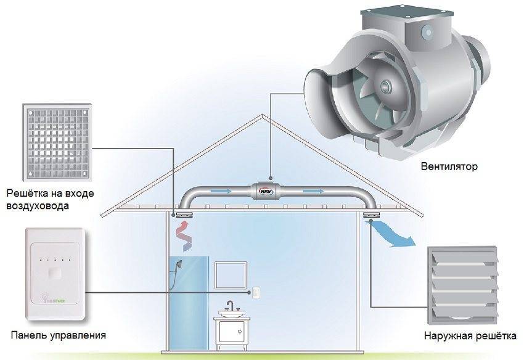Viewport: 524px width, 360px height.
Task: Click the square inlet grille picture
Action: (x=59, y=138)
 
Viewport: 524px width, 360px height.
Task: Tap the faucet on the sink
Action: (x=232, y=307)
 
